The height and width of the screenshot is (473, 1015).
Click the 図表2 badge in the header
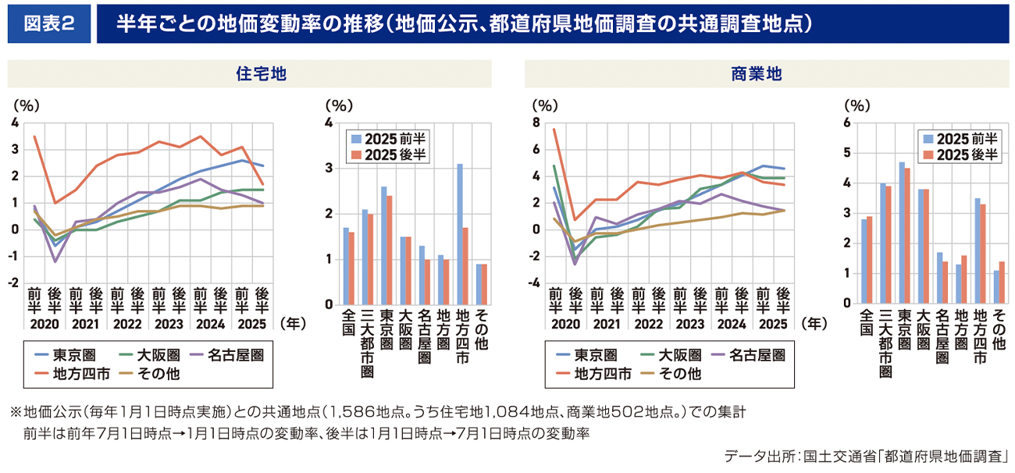pos(49,24)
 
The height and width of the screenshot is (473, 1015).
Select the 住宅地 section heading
pos(250,74)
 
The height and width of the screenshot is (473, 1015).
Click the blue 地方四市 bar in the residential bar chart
pos(460,234)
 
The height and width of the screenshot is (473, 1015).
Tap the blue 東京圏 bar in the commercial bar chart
pos(901,233)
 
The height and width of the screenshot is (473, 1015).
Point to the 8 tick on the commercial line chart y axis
pos(536,123)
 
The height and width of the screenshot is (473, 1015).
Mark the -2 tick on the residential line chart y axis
pos(16,283)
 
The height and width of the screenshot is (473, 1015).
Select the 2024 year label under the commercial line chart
pos(732,322)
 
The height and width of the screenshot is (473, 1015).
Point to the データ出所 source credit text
pos(867,455)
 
